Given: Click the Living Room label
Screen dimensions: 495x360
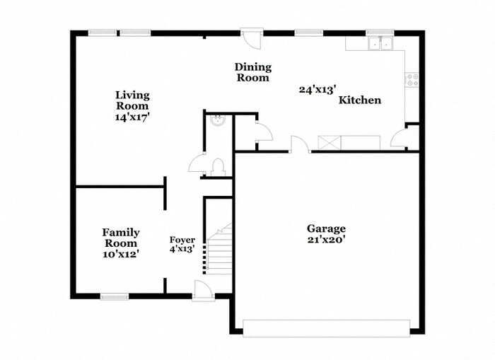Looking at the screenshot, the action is [132, 100].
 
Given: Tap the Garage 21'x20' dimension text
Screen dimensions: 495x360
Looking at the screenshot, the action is [327, 240].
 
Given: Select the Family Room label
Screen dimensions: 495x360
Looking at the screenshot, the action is [121, 238].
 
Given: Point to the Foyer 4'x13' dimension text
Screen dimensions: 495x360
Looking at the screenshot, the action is [182, 249].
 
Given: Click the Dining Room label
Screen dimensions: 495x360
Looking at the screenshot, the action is [253, 72].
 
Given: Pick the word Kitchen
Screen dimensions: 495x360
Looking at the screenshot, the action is [360, 100].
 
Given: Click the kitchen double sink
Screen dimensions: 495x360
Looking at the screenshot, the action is [380, 44].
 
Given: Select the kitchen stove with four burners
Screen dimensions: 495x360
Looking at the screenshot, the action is [412, 80].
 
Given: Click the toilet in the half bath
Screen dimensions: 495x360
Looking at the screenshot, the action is [218, 168].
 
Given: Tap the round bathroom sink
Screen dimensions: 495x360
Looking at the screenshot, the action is [218, 121].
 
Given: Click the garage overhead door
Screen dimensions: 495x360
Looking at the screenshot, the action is [327, 328].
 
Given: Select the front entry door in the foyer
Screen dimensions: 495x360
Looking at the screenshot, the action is [202, 290].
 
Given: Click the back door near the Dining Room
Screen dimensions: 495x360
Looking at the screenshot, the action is [252, 38].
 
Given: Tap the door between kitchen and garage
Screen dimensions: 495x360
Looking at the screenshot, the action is [300, 144].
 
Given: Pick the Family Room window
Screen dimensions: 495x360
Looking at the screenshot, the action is [115, 297].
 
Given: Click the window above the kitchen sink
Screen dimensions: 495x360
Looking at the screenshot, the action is [380, 33].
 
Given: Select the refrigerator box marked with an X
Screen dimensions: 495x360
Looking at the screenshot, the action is [330, 142].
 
